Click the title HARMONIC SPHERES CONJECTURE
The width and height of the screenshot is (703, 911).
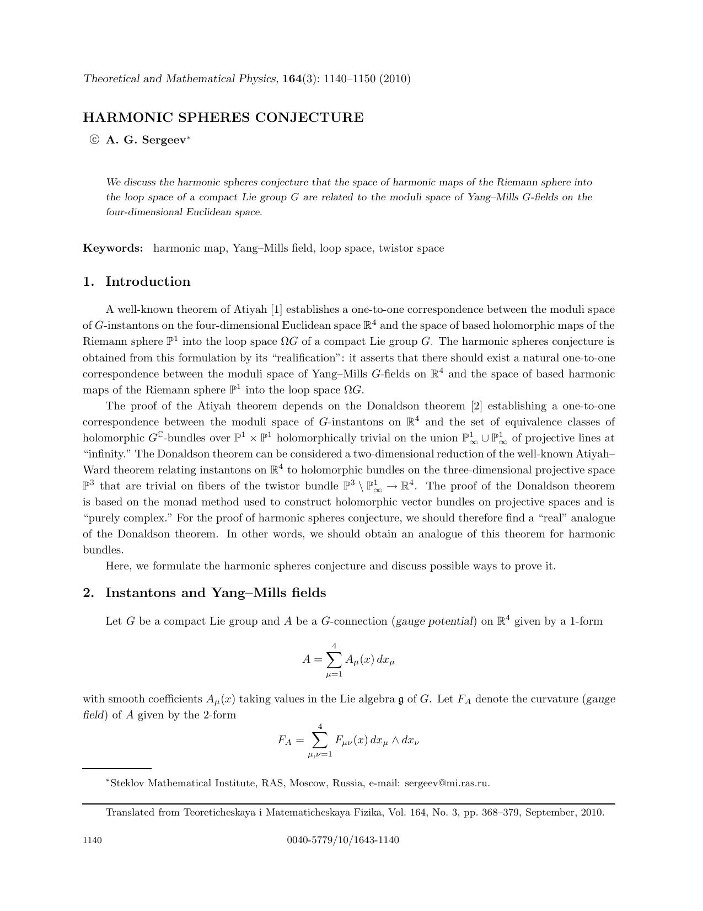tap(223, 118)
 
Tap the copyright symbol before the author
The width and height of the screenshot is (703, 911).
tap(94, 140)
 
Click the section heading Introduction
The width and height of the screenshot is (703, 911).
tap(148, 281)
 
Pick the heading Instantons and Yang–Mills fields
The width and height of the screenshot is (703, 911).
tap(216, 593)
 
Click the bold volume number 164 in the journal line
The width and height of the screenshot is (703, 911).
tap(291, 79)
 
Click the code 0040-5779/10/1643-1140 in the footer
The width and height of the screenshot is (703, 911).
tap(343, 840)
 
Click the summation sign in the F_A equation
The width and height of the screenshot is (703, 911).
tap(320, 740)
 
